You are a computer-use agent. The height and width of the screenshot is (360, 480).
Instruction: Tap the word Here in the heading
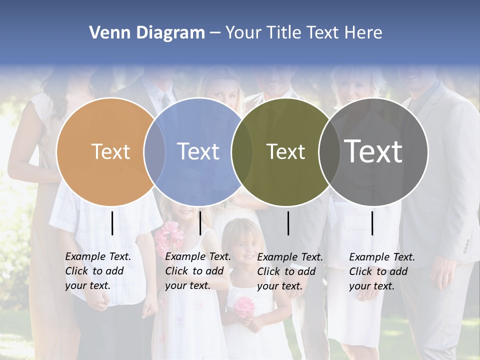tap(363, 33)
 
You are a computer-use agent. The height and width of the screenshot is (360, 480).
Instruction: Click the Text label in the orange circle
tap(110, 151)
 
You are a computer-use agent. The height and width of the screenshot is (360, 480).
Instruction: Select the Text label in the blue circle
tap(198, 151)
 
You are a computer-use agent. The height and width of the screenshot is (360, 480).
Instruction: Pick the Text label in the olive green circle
tap(285, 151)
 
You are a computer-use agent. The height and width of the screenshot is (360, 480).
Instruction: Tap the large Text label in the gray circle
tap(373, 151)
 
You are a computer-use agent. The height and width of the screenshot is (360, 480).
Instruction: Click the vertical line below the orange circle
tap(112, 223)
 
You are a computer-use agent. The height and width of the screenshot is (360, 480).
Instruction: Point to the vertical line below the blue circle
tap(200, 223)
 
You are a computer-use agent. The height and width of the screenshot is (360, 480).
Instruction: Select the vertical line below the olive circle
tap(288, 223)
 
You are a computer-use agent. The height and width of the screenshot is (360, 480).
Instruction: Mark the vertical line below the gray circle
tap(372, 223)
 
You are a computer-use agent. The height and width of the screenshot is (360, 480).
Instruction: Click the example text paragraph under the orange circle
tap(97, 271)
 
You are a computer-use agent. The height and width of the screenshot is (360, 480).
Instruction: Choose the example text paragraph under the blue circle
tap(197, 271)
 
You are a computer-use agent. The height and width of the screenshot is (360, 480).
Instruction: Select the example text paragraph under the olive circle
tap(289, 271)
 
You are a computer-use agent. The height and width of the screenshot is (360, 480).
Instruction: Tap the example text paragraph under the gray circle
tap(381, 271)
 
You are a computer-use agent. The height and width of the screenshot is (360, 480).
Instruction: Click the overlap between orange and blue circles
tap(155, 151)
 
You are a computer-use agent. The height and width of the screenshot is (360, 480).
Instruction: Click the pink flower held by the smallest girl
tap(244, 307)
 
